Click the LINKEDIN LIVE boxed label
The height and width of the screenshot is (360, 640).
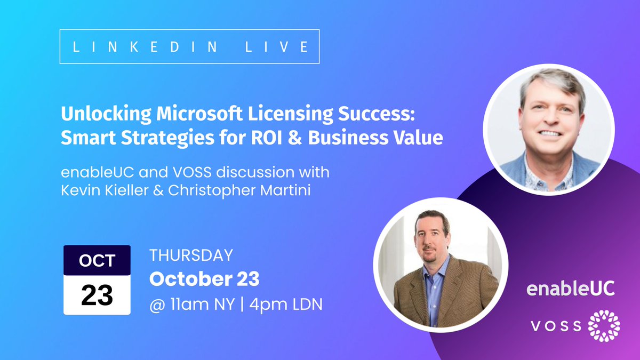coord(190,46)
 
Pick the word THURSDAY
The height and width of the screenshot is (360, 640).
coord(191,255)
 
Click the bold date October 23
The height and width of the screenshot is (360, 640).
coord(204,279)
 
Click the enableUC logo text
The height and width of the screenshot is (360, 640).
coord(570,289)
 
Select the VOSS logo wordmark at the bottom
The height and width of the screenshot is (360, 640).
coord(555,325)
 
